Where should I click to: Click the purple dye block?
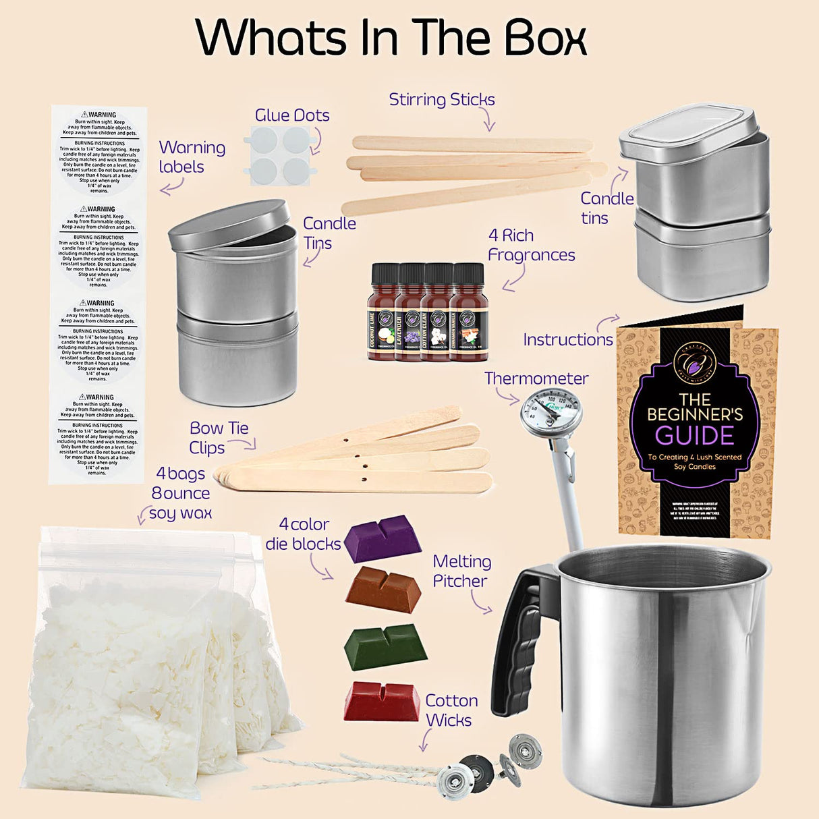[383, 538]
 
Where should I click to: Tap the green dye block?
[385, 646]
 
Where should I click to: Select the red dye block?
[382, 702]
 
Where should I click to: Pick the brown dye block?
[383, 590]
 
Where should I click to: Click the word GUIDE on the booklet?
[694, 436]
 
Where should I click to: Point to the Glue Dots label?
[292, 115]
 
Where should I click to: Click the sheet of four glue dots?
[282, 156]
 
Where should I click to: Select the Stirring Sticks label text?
[442, 100]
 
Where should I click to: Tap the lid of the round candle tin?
[229, 223]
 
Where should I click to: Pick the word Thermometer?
[536, 378]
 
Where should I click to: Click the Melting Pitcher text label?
[461, 571]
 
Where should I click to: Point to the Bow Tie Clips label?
[218, 438]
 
